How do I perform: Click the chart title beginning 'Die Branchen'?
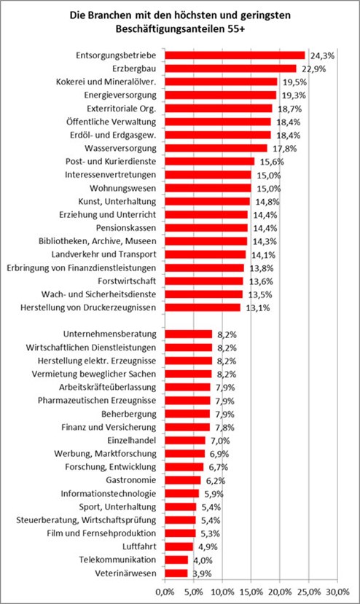pos(180,23)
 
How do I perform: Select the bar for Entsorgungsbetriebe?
pos(235,55)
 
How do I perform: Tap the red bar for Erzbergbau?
pos(230,68)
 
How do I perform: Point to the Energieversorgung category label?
pos(120,95)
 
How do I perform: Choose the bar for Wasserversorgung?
pos(216,149)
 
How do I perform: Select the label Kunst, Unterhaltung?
pos(117,202)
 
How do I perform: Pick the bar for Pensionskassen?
pos(206,228)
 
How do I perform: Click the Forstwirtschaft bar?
pos(204,281)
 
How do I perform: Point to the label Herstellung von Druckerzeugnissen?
pos(88,307)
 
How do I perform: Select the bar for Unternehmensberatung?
pos(189,334)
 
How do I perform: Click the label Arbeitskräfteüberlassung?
pos(108,387)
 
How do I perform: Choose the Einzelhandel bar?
pos(185,440)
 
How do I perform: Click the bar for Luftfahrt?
pos(179,546)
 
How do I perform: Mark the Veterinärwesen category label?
pos(125,573)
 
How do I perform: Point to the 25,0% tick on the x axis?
pos(309,592)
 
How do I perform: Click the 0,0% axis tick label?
pos(165,592)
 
